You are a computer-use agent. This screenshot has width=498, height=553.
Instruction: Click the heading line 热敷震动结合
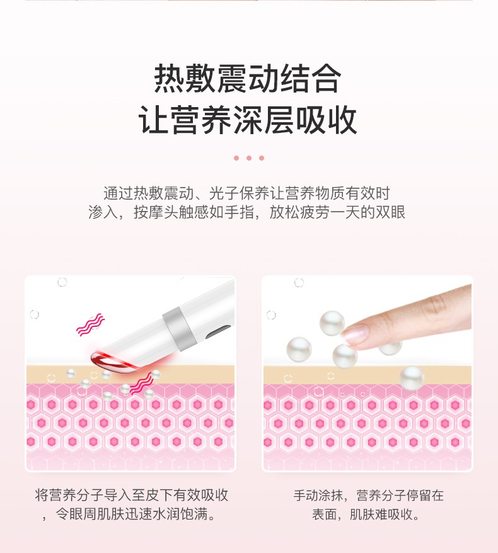[x=248, y=78]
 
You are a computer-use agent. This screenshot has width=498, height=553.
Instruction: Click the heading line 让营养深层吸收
[x=248, y=120]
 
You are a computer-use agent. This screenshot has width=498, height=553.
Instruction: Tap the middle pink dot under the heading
[x=249, y=158]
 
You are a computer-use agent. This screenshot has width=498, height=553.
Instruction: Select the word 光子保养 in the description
[x=239, y=193]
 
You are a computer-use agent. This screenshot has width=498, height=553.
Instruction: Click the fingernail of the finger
[x=355, y=334]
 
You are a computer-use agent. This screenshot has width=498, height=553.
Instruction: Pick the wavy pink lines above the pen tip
[x=91, y=325]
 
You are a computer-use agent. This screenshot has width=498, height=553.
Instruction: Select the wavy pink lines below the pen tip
[x=142, y=384]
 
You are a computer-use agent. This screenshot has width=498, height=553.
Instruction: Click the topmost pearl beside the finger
[x=332, y=323]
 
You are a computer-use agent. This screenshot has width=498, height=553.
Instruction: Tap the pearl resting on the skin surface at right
[x=412, y=379]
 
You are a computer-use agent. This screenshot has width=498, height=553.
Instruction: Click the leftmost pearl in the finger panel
[x=299, y=349]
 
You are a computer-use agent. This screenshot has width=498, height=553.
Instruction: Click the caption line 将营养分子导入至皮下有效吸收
[x=132, y=495]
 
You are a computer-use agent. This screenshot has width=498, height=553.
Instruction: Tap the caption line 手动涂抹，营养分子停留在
[x=368, y=495]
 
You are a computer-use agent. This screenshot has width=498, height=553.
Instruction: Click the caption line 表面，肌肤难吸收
[x=366, y=514]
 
